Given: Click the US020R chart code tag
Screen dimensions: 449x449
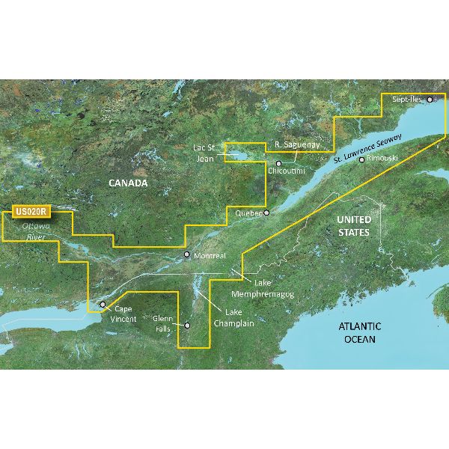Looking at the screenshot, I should [31, 212].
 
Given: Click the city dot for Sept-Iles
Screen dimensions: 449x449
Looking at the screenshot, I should [430, 99].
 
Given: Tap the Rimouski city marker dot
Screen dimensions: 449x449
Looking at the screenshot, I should [361, 159].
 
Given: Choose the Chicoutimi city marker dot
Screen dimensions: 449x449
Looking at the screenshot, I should [278, 163].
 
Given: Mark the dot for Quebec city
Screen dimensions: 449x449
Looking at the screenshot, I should [264, 212].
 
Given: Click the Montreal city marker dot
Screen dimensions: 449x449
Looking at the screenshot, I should [187, 256].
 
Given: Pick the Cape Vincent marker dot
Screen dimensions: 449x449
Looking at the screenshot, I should [103, 305].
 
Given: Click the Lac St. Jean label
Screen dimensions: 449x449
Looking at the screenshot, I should [203, 154].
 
